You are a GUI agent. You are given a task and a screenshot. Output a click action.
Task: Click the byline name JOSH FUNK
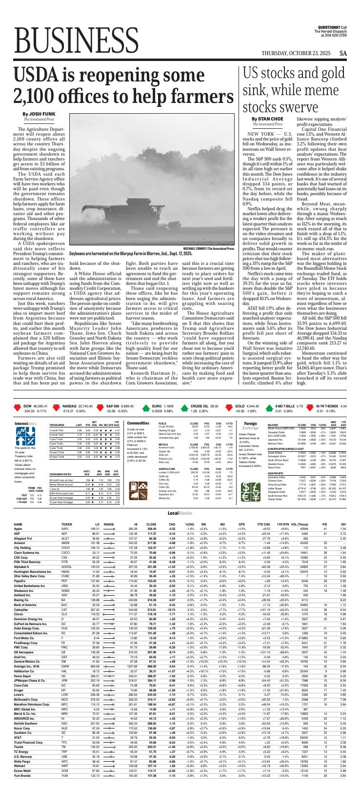tap(36, 114)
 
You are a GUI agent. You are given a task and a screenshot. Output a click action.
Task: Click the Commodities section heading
tap(137, 396)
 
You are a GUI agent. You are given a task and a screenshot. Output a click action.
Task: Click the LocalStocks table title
tap(180, 500)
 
